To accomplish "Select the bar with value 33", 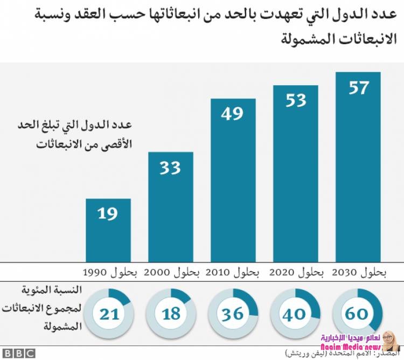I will pyautogui.click(x=170, y=207).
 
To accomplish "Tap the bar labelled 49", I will pyautogui.click(x=233, y=181).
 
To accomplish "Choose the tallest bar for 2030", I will pyautogui.click(x=358, y=167).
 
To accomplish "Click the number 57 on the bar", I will pyautogui.click(x=358, y=88).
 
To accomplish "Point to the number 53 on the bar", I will pyautogui.click(x=295, y=100).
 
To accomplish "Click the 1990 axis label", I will pyautogui.click(x=110, y=272).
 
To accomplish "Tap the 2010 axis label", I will pyautogui.click(x=234, y=272).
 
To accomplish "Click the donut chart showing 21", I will pyautogui.click(x=109, y=312).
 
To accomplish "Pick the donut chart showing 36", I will pyautogui.click(x=233, y=312).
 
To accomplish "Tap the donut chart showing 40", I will pyautogui.click(x=294, y=312).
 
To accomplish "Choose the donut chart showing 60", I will pyautogui.click(x=357, y=312).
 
